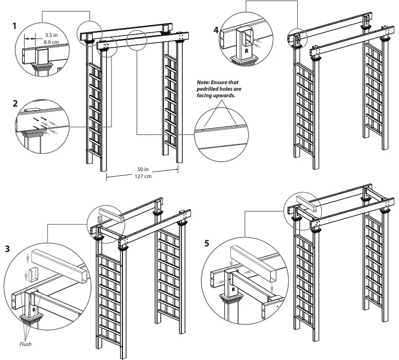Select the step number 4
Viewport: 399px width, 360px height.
tap(216, 30)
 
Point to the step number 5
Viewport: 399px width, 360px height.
tap(207, 243)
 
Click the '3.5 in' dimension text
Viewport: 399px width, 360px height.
tap(52, 35)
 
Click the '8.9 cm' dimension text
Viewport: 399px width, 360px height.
tap(51, 42)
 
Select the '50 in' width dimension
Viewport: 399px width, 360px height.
tap(143, 169)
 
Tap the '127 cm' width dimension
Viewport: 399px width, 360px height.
tap(143, 176)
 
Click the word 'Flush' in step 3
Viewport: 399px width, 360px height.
tap(25, 344)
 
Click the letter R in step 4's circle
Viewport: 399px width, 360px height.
tap(246, 49)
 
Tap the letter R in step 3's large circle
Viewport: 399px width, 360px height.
tap(34, 310)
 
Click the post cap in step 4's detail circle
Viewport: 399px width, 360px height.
tap(247, 60)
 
